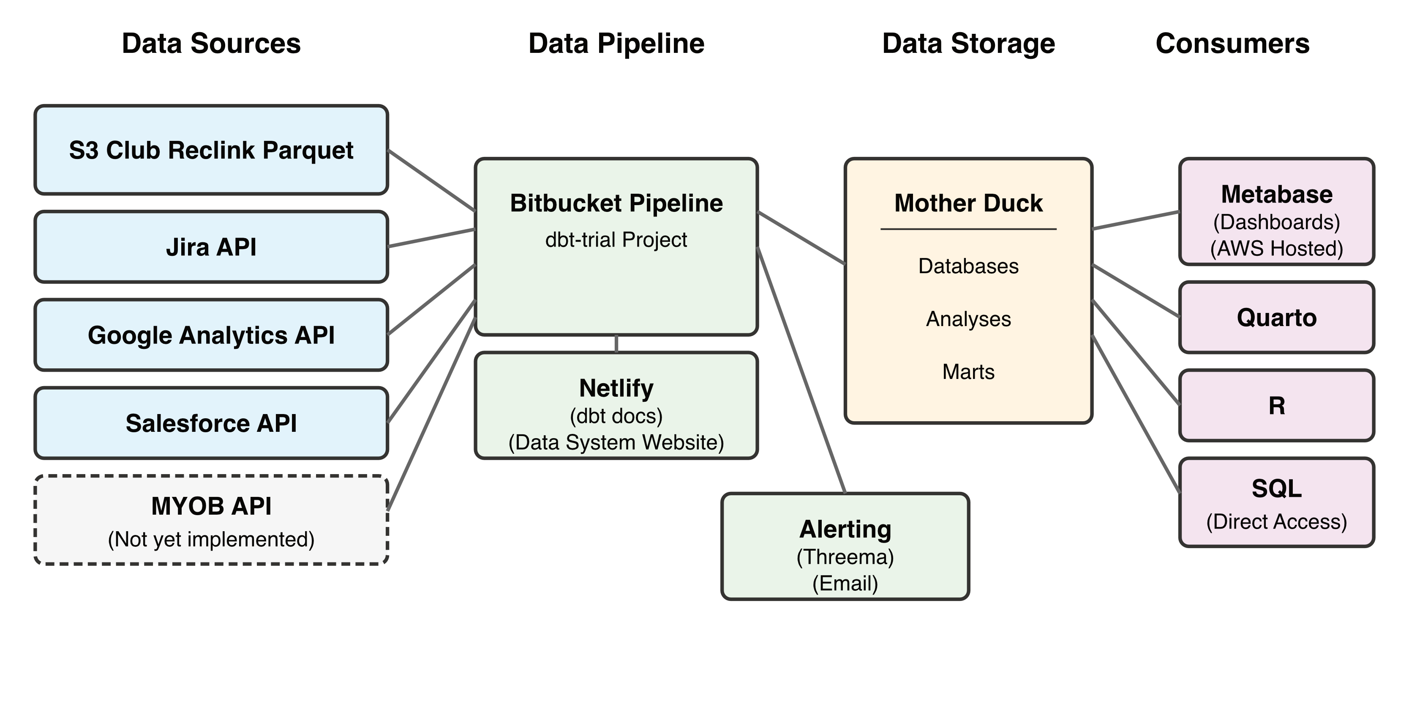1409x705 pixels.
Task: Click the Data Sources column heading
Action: [211, 44]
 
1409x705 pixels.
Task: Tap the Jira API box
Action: [211, 247]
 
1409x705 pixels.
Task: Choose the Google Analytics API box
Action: [211, 335]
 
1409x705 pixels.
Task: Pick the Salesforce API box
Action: [211, 423]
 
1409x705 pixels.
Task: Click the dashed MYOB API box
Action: [211, 506]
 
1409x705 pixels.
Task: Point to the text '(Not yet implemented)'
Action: [211, 540]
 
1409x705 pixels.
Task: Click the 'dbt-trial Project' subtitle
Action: [616, 240]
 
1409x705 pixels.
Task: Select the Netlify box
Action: [616, 406]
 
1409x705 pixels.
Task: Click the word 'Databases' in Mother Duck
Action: [968, 266]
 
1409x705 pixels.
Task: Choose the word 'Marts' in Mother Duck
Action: [968, 372]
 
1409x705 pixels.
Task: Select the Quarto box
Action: [1277, 318]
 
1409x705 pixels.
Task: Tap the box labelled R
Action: [1277, 406]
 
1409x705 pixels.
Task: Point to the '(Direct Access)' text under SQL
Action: [1277, 521]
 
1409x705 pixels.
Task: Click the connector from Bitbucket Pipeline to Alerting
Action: [801, 370]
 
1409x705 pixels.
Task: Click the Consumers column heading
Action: [1232, 44]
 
